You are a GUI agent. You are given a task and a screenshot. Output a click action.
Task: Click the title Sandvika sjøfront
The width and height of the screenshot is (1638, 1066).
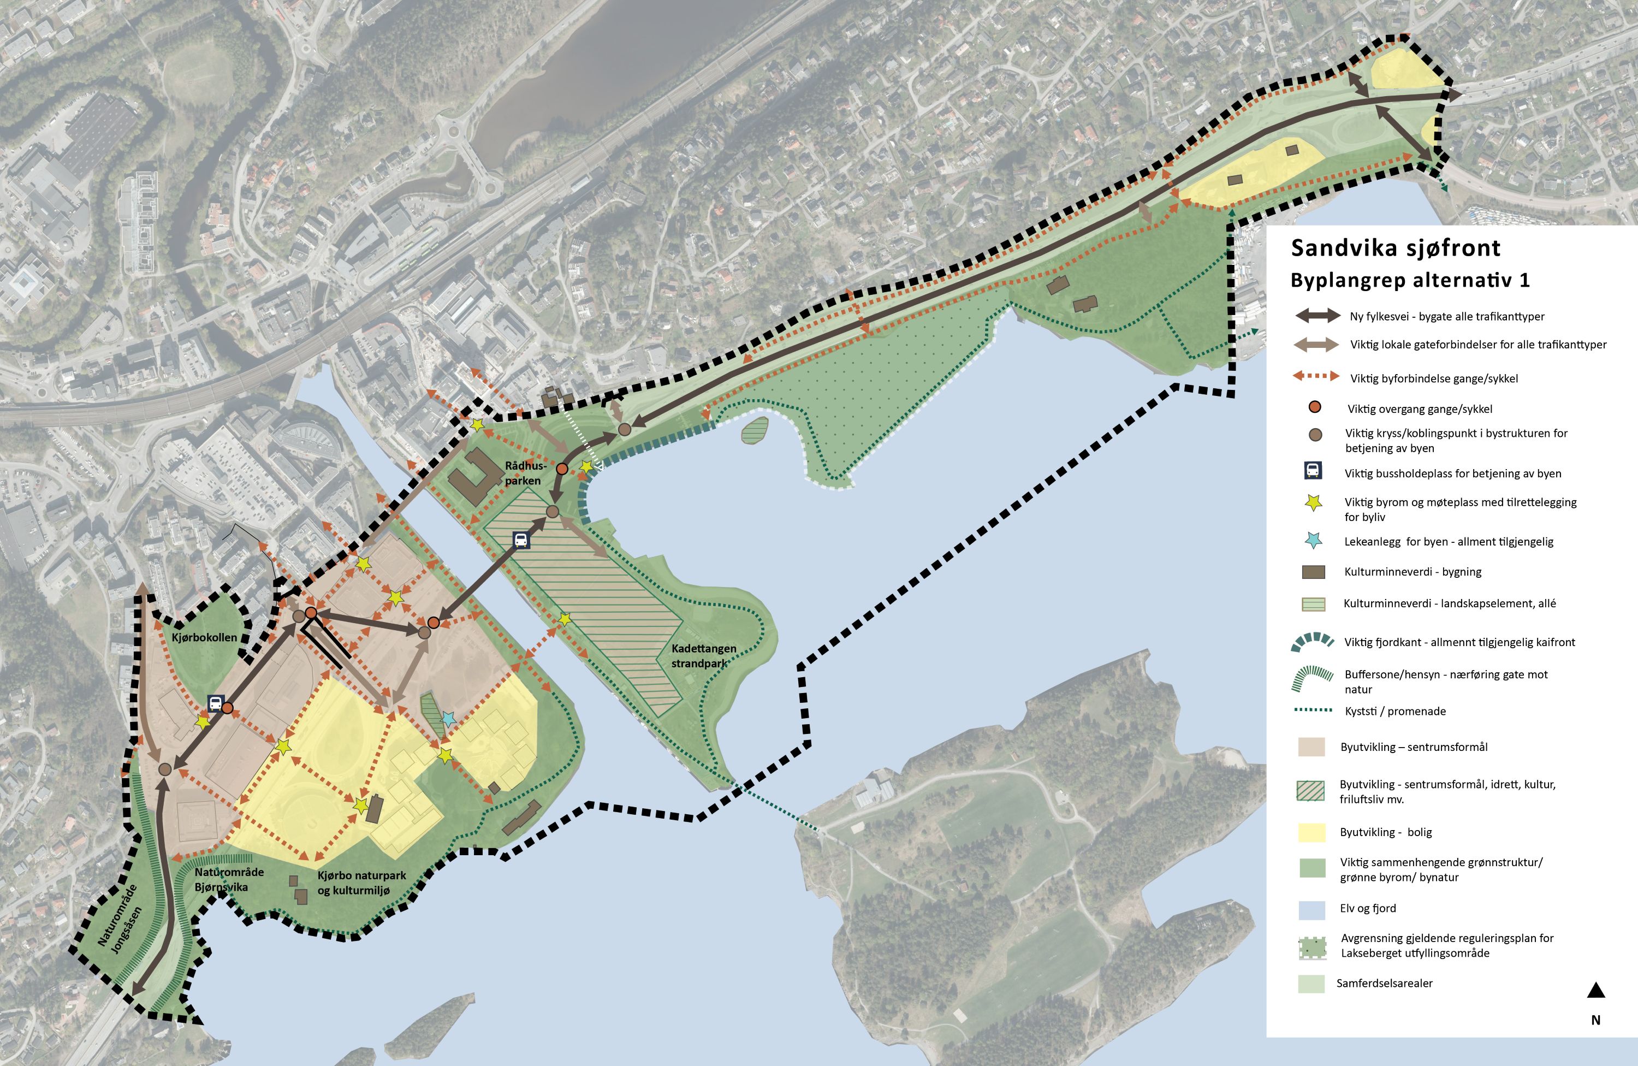tap(1395, 248)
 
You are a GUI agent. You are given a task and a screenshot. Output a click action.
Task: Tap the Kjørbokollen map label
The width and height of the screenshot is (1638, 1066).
tap(204, 637)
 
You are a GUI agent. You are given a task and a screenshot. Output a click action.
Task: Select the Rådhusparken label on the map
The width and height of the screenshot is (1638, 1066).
tap(525, 473)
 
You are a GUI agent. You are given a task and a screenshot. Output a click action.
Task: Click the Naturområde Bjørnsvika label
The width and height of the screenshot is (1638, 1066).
tap(228, 879)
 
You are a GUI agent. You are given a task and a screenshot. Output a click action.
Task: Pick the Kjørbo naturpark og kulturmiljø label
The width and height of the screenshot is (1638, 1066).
tap(361, 883)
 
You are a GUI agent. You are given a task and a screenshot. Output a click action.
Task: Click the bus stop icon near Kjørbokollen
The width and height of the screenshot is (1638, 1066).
tap(216, 703)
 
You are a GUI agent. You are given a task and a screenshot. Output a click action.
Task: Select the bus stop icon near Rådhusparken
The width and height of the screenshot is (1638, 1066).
tap(521, 540)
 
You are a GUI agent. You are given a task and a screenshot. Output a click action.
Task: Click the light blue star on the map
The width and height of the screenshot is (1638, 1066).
tap(448, 719)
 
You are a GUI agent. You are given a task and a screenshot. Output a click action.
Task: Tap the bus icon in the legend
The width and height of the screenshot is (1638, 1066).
tap(1313, 471)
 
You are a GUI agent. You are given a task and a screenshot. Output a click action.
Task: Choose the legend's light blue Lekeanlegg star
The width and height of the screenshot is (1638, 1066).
tap(1313, 541)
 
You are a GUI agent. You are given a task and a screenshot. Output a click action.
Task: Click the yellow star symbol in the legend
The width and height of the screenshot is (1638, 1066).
tap(1314, 502)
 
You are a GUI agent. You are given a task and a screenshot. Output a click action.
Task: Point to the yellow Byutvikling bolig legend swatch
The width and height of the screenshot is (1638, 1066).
tap(1311, 832)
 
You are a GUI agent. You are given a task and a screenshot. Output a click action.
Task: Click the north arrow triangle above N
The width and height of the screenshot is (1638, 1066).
tap(1595, 991)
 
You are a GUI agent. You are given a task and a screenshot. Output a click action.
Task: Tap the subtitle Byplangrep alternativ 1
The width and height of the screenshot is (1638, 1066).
tap(1410, 280)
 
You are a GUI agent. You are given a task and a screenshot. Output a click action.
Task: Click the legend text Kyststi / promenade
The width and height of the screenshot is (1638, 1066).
tap(1395, 712)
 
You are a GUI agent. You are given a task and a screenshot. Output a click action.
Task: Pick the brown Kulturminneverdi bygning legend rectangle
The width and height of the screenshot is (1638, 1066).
tap(1313, 572)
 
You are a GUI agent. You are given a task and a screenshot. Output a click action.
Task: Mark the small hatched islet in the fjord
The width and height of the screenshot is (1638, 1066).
tap(755, 430)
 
